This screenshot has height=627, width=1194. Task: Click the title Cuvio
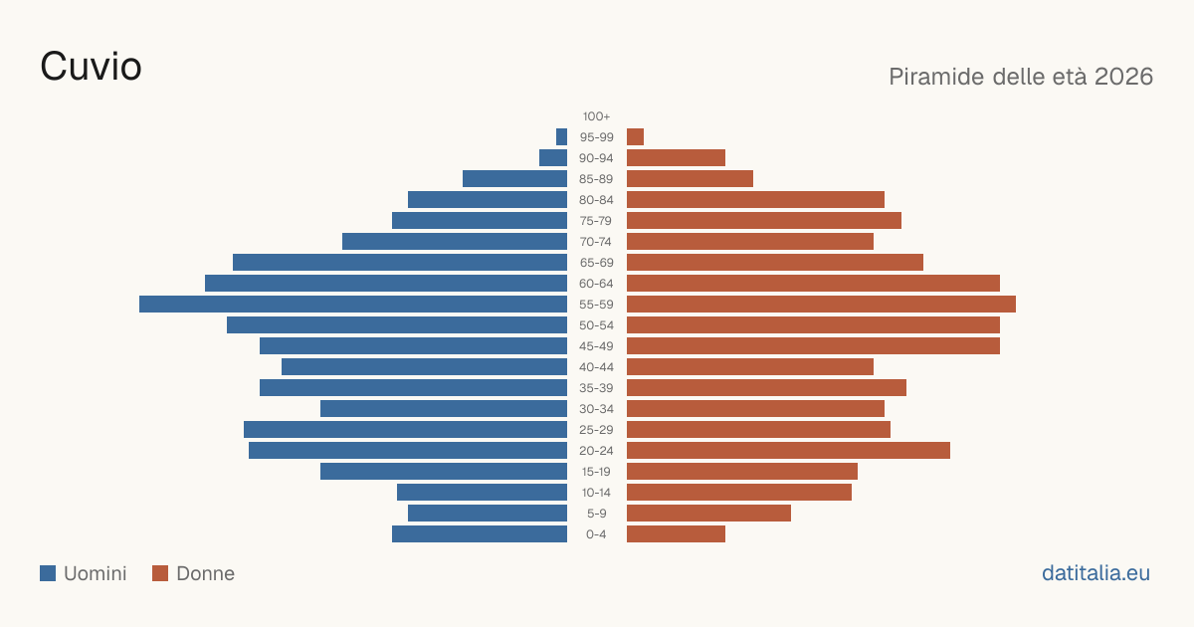pyautogui.click(x=91, y=67)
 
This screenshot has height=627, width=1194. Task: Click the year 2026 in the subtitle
pyautogui.click(x=1123, y=77)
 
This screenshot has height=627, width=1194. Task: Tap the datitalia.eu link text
pyautogui.click(x=1095, y=573)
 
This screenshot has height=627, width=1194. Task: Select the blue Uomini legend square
pyautogui.click(x=48, y=573)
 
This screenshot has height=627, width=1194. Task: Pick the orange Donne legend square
pyautogui.click(x=160, y=573)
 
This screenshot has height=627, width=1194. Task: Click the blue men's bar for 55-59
pyautogui.click(x=353, y=304)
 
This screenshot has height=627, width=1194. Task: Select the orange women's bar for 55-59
pyautogui.click(x=822, y=304)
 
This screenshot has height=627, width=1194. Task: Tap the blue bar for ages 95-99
pyautogui.click(x=561, y=137)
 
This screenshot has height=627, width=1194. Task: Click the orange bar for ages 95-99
pyautogui.click(x=636, y=137)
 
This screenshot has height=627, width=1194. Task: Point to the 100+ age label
pyautogui.click(x=596, y=116)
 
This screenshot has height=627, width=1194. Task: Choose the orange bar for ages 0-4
pyautogui.click(x=676, y=534)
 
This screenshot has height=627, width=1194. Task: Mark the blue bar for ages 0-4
pyautogui.click(x=480, y=534)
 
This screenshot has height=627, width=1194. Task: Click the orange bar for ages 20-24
pyautogui.click(x=788, y=451)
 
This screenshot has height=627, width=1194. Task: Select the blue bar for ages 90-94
pyautogui.click(x=553, y=158)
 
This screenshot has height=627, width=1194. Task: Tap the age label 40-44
pyautogui.click(x=596, y=367)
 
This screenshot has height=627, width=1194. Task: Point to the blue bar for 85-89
pyautogui.click(x=515, y=178)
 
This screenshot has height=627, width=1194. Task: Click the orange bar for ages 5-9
pyautogui.click(x=708, y=513)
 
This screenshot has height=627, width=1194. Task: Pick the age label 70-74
pyautogui.click(x=596, y=242)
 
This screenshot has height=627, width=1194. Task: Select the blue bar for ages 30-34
pyautogui.click(x=444, y=408)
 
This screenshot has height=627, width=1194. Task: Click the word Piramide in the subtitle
pyautogui.click(x=936, y=77)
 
